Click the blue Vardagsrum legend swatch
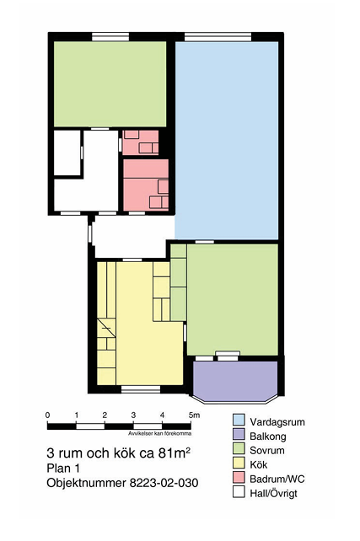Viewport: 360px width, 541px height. tap(239, 420)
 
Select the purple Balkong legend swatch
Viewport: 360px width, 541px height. tap(239, 434)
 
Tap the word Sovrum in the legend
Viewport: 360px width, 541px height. tap(267, 451)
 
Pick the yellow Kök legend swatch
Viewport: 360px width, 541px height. tap(239, 463)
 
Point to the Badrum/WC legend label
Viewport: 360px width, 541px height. tap(277, 479)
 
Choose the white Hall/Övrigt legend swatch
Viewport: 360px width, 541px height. tap(239, 491)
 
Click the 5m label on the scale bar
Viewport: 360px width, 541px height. tap(194, 415)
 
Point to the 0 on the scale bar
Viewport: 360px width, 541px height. tap(47, 415)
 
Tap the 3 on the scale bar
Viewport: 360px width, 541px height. tap(133, 415)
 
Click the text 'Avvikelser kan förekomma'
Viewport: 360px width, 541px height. tap(160, 433)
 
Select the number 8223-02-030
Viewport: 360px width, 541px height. tap(164, 483)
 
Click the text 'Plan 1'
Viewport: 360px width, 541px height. tap(63, 469)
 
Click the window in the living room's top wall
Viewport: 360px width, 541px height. tap(218, 37)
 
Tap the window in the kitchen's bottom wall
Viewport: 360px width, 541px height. tap(141, 389)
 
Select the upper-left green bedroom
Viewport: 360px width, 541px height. tap(110, 84)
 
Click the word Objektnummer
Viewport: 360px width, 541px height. tap(86, 483)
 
